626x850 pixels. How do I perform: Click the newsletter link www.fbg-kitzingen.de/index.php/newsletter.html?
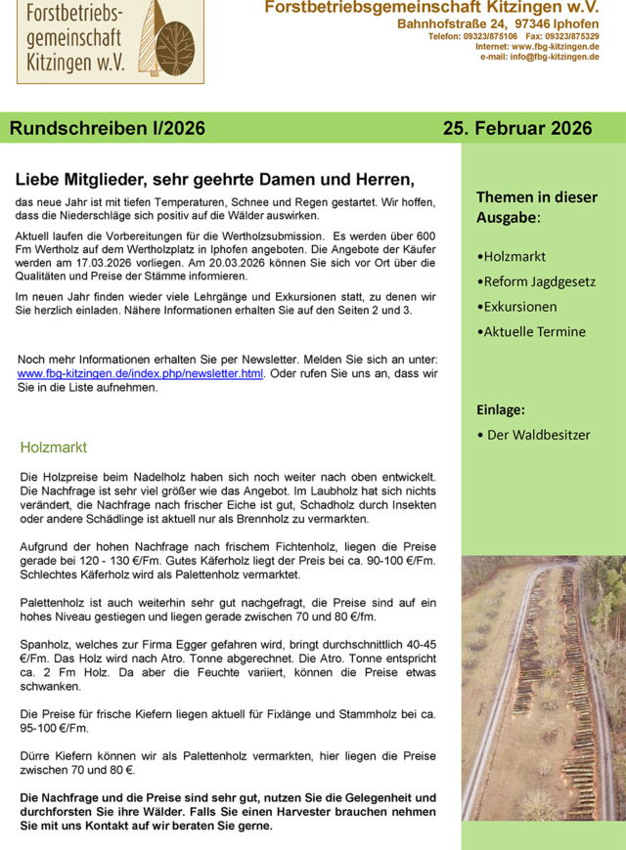point(141,374)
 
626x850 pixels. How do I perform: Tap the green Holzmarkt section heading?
point(54,447)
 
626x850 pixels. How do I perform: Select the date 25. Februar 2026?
point(516,128)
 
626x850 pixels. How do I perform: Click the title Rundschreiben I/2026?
point(108,128)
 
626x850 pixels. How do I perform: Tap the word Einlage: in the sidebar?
point(501,409)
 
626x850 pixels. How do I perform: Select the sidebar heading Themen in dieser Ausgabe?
point(536,206)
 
